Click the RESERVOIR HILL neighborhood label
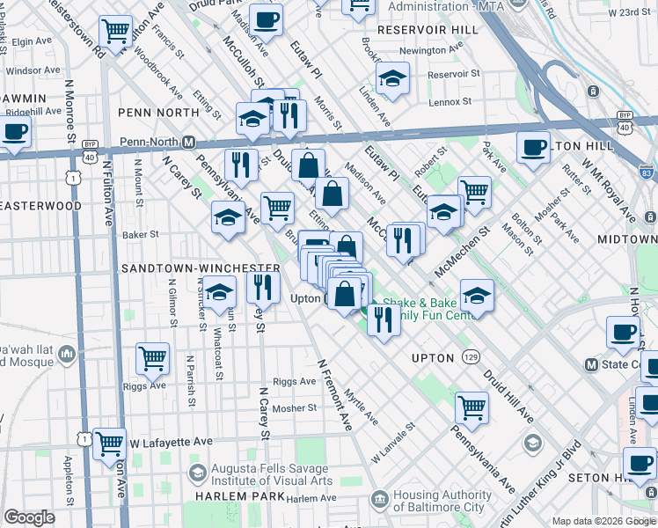428,29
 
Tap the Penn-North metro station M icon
188,142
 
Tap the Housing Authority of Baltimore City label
442,501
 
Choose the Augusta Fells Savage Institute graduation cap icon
198,475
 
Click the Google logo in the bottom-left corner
29,517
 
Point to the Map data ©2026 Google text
603,521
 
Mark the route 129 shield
473,358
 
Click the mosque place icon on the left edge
67,356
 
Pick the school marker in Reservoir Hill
392,77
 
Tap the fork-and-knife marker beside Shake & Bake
383,318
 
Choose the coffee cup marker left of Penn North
14,134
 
